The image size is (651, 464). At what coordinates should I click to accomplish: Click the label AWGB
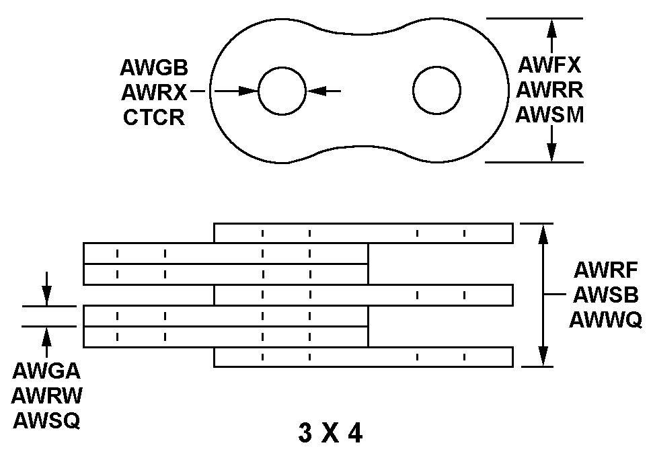pos(154,68)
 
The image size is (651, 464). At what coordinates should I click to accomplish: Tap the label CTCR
pos(154,117)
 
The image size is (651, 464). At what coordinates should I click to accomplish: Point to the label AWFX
pos(549,65)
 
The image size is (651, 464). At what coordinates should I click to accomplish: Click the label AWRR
pos(549,89)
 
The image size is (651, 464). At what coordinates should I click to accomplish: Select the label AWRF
pos(605,270)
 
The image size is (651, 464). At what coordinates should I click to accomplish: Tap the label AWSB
pos(605,295)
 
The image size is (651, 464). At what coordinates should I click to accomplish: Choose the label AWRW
pos(46,395)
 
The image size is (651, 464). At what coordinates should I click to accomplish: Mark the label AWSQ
pos(46,420)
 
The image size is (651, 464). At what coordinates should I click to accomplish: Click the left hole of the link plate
pos(281,91)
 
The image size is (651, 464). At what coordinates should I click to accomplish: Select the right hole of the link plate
pos(437,91)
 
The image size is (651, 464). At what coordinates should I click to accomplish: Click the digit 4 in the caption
pos(354,434)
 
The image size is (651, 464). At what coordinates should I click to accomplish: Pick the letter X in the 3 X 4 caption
pos(330,434)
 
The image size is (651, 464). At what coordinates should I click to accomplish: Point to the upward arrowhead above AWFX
pos(551,27)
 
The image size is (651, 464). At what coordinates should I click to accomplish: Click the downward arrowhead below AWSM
pos(551,153)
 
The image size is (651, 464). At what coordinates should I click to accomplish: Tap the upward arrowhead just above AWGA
pos(46,334)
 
